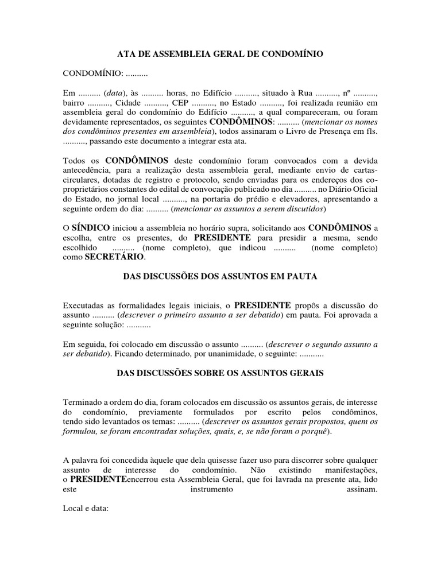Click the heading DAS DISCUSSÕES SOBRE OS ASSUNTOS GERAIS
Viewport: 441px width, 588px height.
(220, 373)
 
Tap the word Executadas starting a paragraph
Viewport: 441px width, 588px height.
(84, 305)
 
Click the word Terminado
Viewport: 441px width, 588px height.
(84, 402)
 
